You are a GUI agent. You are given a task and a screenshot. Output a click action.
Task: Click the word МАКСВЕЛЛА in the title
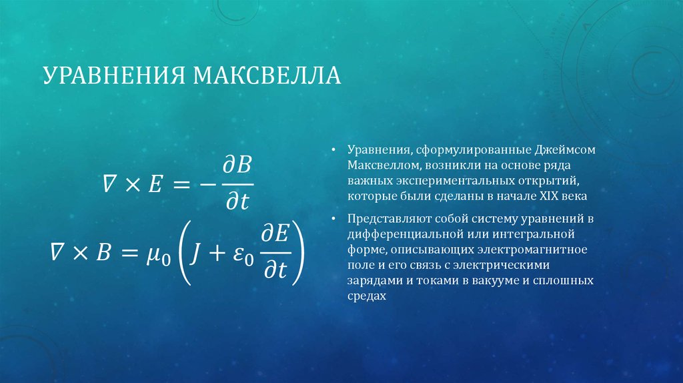[x=267, y=75]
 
